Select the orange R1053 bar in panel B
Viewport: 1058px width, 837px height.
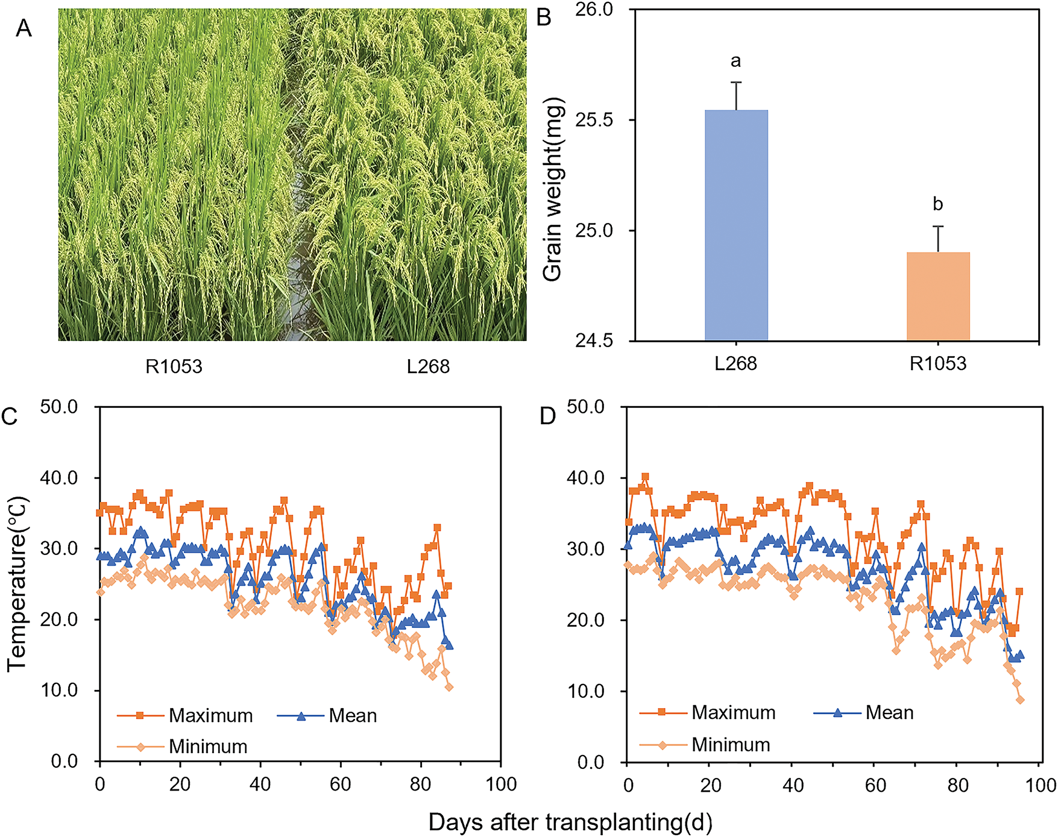(x=938, y=296)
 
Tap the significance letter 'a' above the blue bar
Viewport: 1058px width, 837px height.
(x=735, y=61)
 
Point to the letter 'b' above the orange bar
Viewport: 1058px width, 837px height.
(x=938, y=204)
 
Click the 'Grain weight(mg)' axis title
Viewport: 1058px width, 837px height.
(x=553, y=190)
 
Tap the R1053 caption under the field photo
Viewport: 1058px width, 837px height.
(x=174, y=366)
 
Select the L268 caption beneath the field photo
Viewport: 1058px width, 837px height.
(x=428, y=366)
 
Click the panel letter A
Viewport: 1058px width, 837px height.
(x=24, y=28)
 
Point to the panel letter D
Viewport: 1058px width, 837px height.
(x=547, y=416)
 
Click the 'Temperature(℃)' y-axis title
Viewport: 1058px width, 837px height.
(x=17, y=583)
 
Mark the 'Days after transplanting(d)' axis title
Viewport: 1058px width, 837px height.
(x=570, y=822)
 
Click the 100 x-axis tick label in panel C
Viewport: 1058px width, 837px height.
(x=502, y=785)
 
